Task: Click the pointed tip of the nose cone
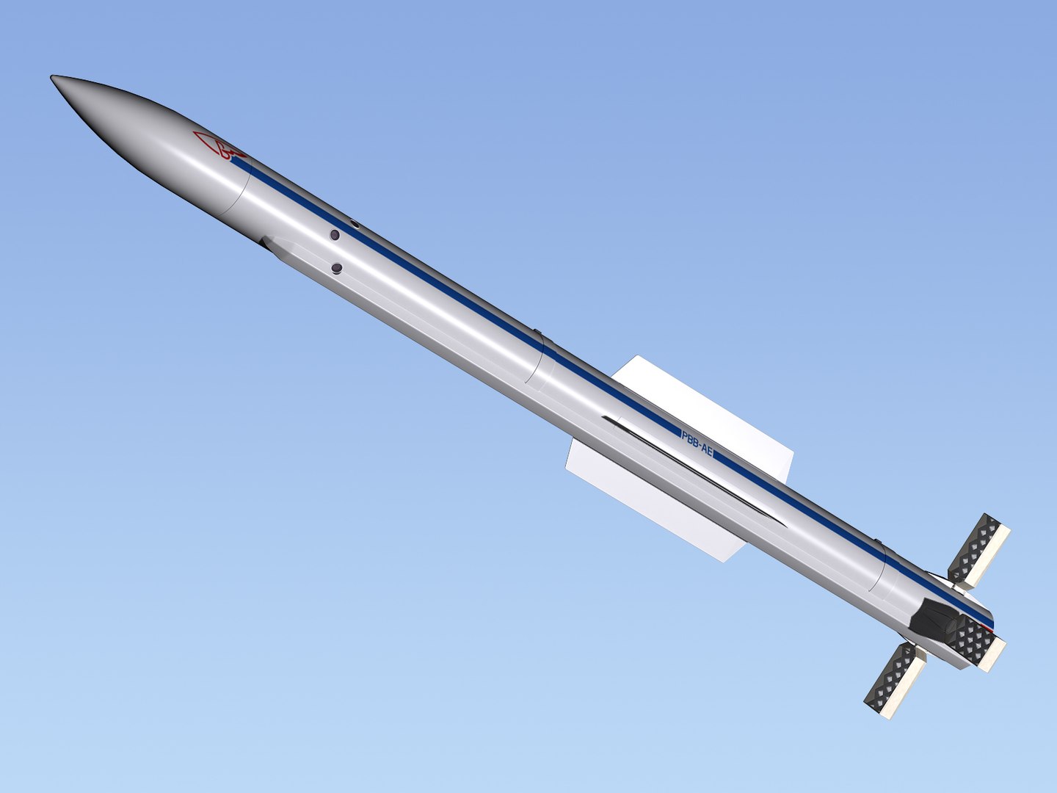tap(52, 77)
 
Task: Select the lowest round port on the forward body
tap(337, 269)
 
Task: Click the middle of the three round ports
tap(335, 235)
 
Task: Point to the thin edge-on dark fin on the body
tap(690, 470)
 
